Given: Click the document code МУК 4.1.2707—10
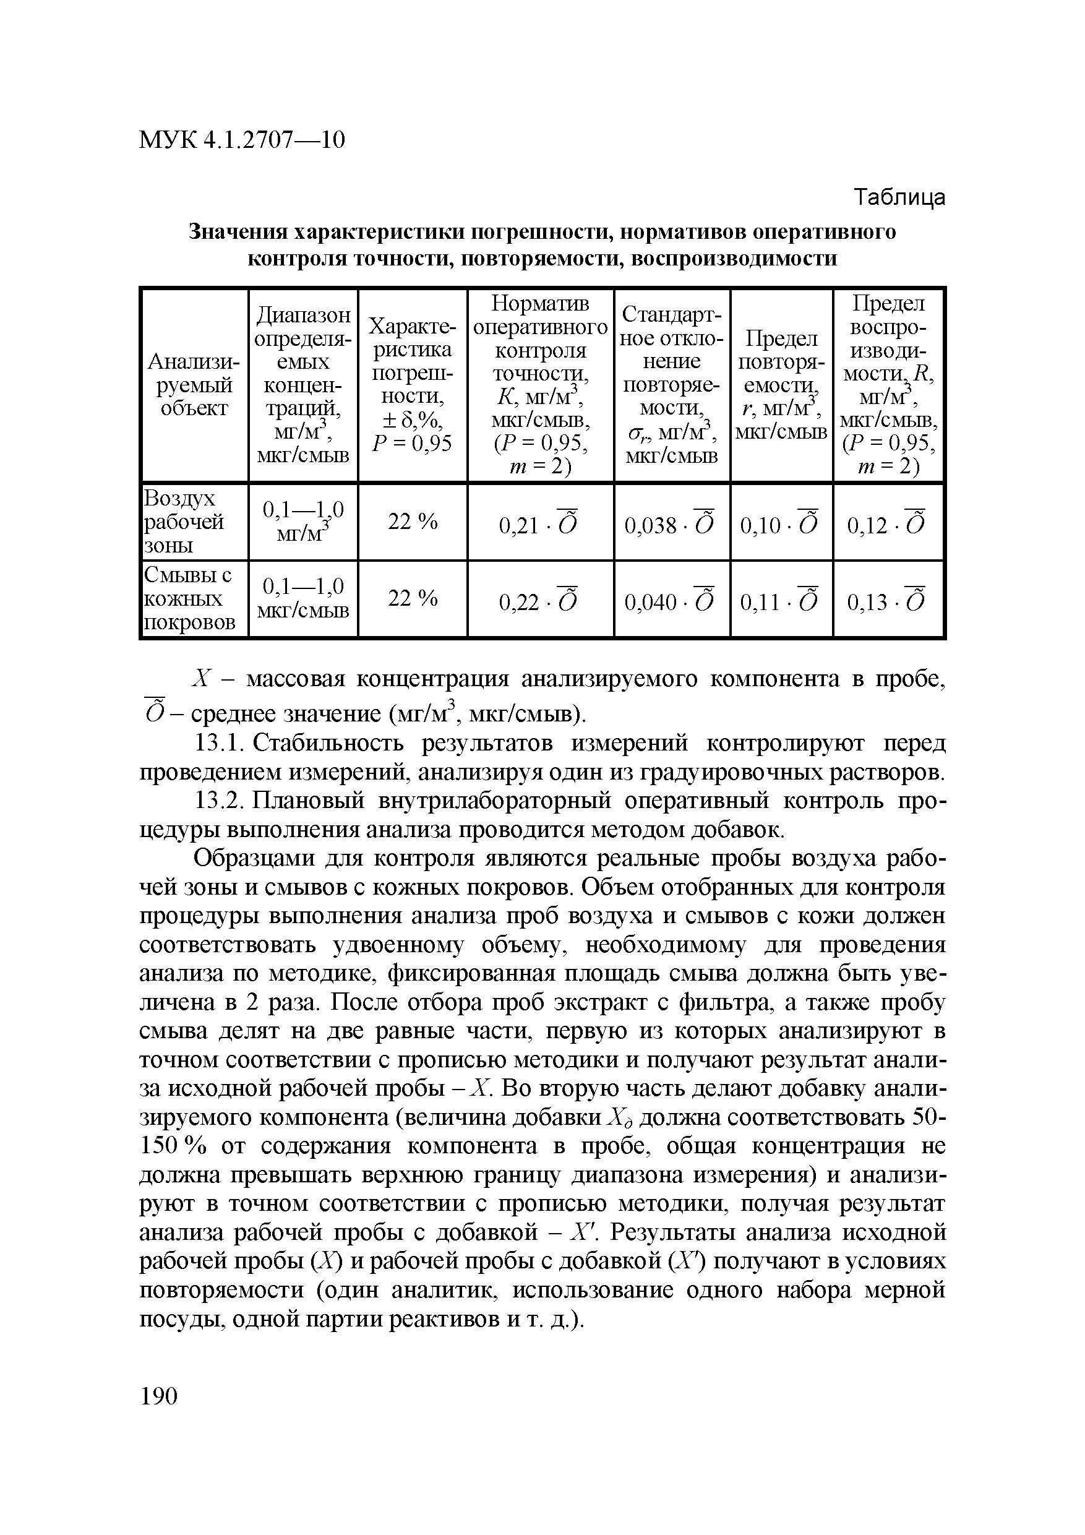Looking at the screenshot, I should click(x=242, y=140).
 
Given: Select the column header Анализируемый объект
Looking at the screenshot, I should click(x=193, y=385).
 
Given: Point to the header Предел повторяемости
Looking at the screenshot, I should click(x=781, y=385).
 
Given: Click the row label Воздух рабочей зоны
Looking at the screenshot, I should click(x=184, y=522).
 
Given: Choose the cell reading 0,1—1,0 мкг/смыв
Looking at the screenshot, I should click(x=303, y=599).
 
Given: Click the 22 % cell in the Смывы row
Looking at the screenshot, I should click(x=413, y=598).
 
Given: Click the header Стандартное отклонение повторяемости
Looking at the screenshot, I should click(x=671, y=385).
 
